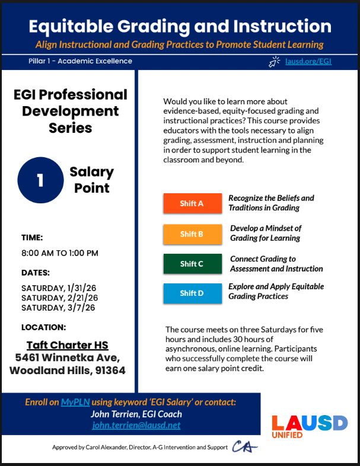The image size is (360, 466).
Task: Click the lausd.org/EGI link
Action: click(308, 61)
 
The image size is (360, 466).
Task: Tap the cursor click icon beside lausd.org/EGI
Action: click(275, 61)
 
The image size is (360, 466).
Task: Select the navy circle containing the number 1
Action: click(40, 180)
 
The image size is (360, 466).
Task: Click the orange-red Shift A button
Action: click(192, 203)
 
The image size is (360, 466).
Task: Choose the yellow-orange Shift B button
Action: click(192, 234)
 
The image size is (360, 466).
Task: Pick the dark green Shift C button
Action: click(192, 264)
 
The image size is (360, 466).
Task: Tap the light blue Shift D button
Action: click(192, 293)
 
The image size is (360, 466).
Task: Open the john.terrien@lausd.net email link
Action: click(136, 426)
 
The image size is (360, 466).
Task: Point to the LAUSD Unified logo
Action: click(309, 426)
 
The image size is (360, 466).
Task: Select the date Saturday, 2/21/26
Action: click(59, 298)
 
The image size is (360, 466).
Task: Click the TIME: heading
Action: click(32, 238)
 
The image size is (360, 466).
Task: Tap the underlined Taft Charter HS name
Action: click(68, 345)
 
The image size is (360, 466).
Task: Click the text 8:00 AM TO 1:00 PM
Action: click(60, 253)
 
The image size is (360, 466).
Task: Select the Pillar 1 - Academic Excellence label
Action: click(80, 61)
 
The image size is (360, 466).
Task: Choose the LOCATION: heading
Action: click(43, 327)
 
